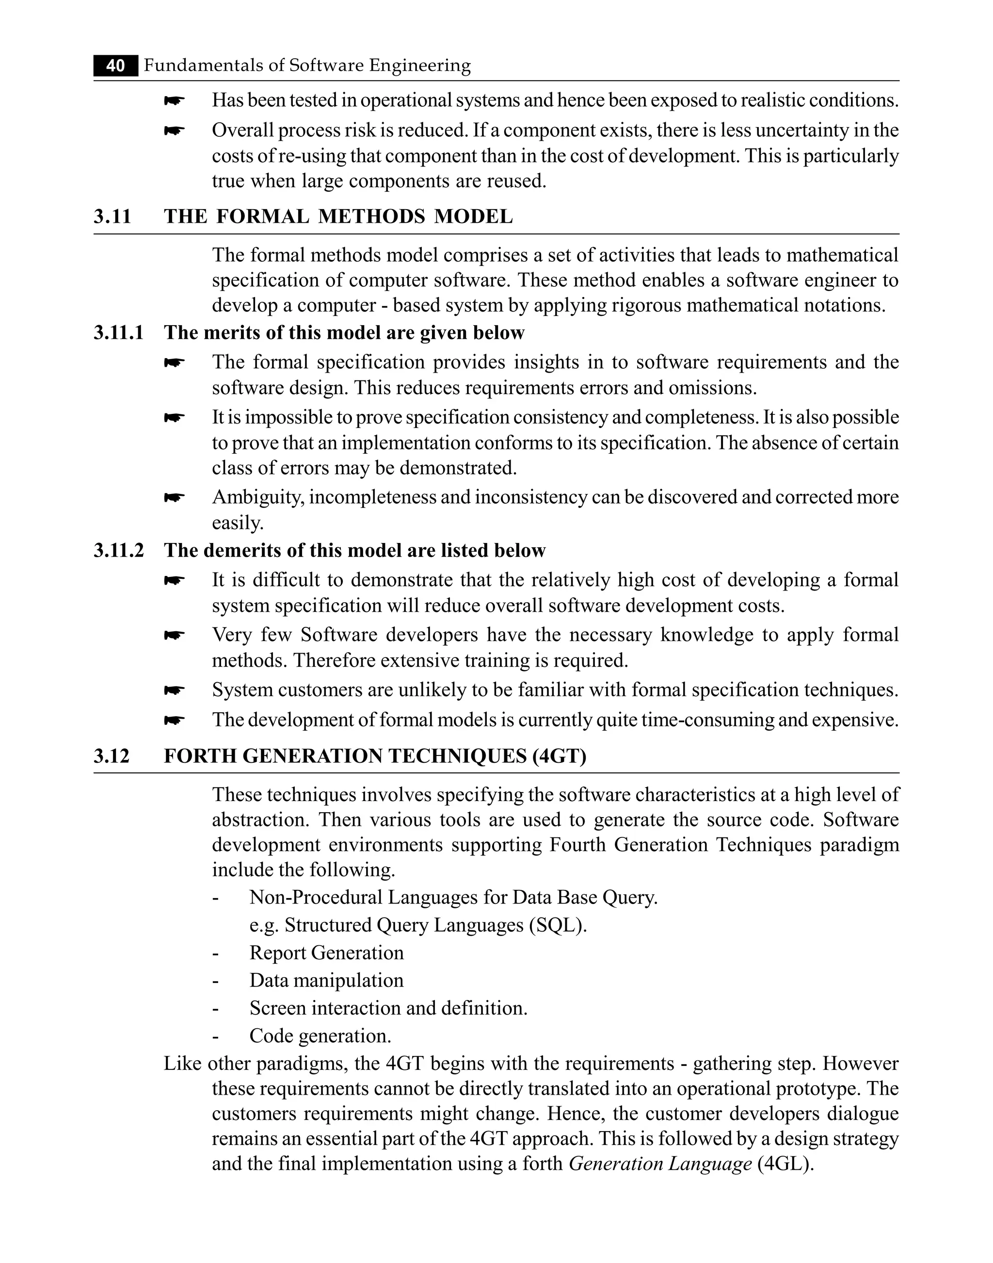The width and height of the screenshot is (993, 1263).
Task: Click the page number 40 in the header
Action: pos(116,66)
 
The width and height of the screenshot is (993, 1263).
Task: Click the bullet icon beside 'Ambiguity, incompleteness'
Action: pos(174,498)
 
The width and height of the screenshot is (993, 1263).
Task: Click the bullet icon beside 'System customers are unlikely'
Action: pos(174,690)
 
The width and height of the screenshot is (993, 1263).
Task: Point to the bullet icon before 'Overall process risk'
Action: pos(174,131)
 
